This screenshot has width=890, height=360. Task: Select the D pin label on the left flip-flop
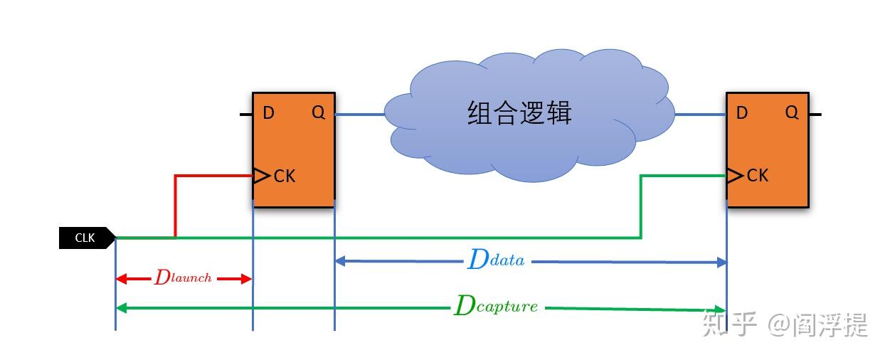click(268, 113)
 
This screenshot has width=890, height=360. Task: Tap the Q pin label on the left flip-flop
click(318, 113)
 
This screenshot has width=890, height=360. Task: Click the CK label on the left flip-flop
click(285, 176)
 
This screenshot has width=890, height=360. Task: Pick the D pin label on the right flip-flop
click(742, 113)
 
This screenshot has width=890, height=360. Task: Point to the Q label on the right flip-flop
click(791, 112)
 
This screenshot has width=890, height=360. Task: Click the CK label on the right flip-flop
click(758, 175)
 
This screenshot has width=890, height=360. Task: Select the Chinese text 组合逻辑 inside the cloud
click(519, 113)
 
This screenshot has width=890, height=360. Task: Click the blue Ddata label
click(496, 260)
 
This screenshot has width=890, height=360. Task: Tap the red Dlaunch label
click(183, 278)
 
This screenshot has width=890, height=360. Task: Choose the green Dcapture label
click(496, 307)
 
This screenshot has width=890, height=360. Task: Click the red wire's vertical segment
click(176, 206)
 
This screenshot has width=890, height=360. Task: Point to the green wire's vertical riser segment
click(642, 206)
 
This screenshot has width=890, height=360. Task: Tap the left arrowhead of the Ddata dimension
click(340, 261)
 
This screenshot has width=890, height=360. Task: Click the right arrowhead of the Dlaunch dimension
click(247, 279)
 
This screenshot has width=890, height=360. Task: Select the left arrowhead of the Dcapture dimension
click(121, 307)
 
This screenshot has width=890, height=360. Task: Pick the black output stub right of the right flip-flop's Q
click(815, 114)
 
